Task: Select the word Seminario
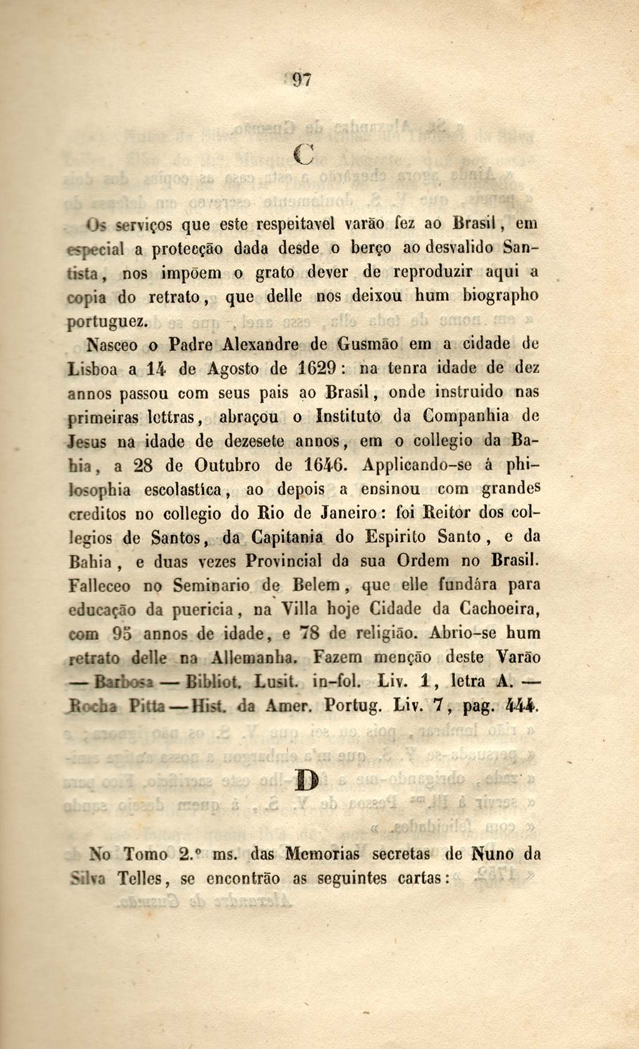tap(211, 586)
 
